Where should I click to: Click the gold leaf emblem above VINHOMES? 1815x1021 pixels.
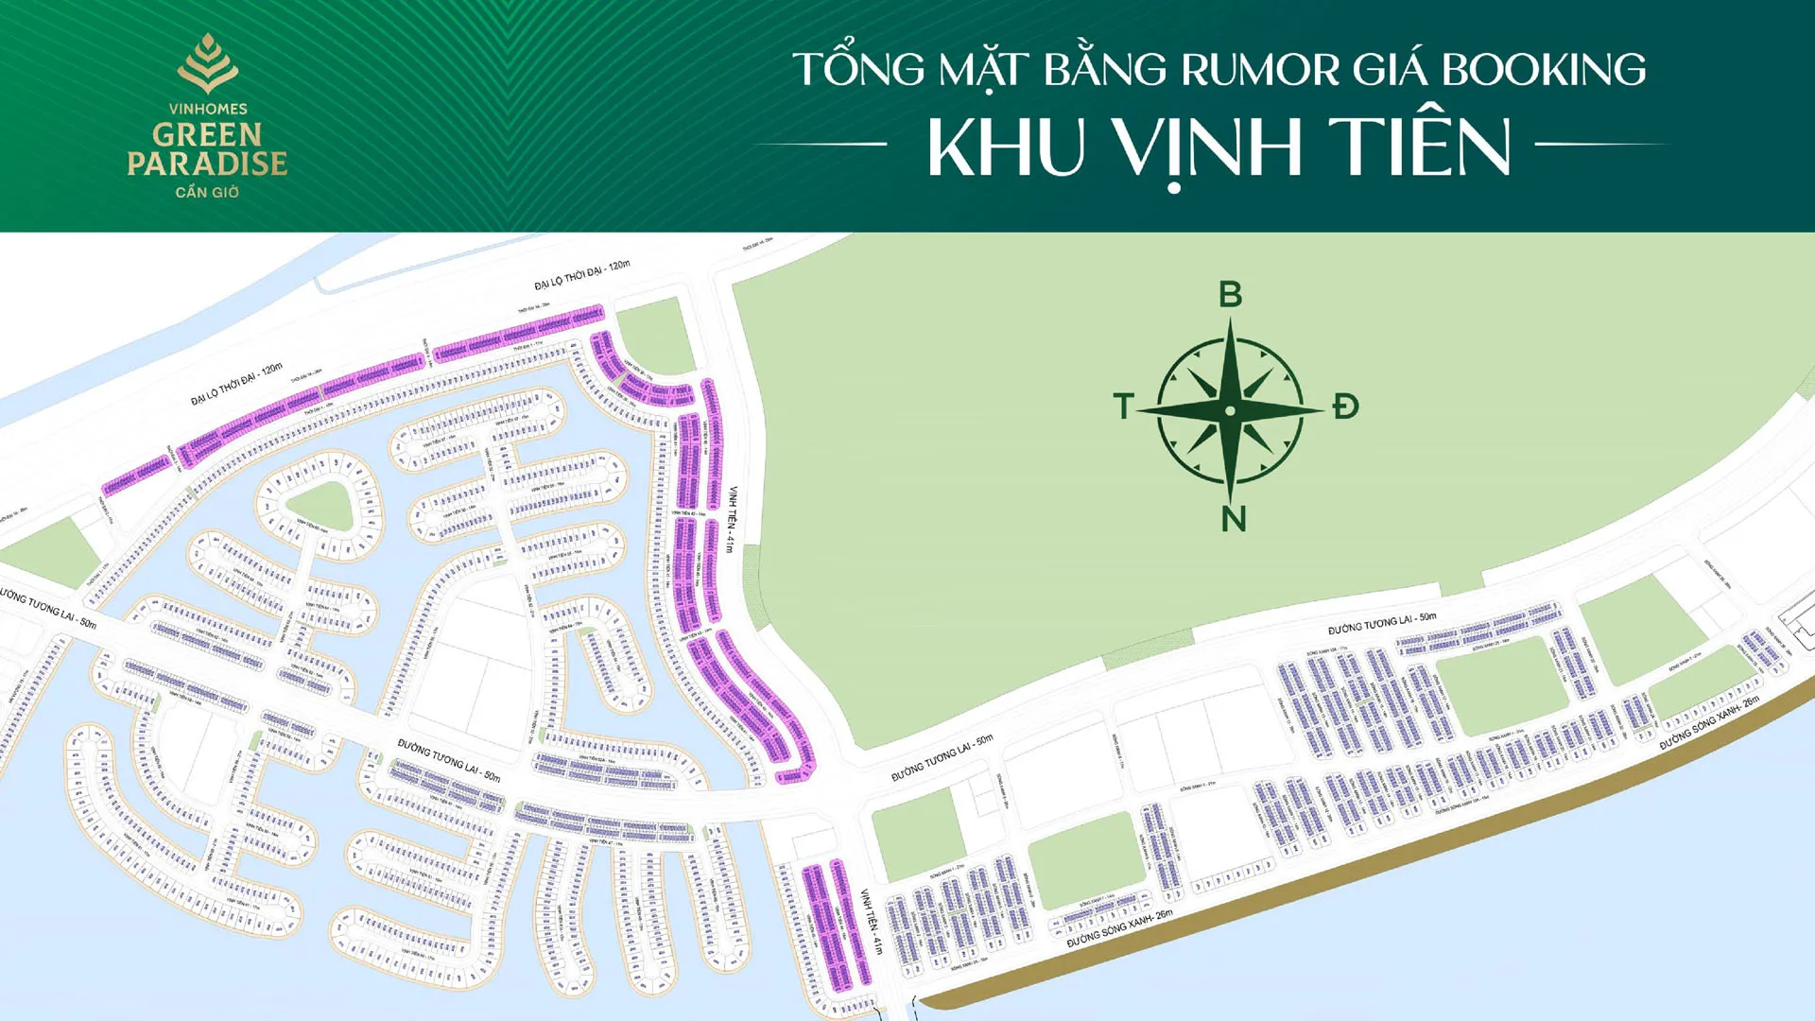[208, 63]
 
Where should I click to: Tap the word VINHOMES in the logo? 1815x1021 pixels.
[208, 109]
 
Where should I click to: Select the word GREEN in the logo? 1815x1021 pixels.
[208, 135]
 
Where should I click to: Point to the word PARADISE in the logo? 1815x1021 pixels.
[208, 164]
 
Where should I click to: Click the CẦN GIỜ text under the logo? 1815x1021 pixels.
[208, 192]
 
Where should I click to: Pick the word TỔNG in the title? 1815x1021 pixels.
[858, 70]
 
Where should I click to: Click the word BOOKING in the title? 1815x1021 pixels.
[1544, 70]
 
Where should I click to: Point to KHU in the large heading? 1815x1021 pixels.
[1005, 148]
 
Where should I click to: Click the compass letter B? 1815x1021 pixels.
[1230, 295]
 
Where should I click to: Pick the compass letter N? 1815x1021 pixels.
[1234, 519]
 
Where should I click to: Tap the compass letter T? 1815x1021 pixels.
[1123, 407]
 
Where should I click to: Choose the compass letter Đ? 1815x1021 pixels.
[1345, 407]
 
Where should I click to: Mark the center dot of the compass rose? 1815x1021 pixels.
[1230, 411]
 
